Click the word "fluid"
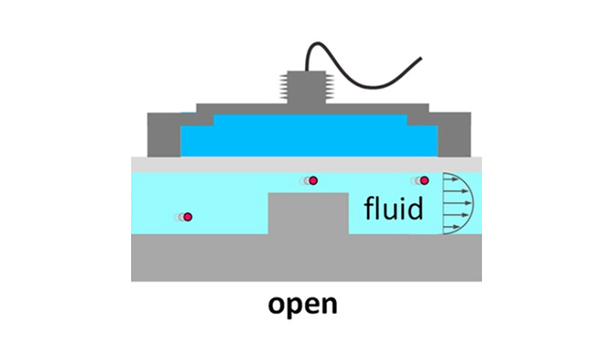pyautogui.click(x=394, y=208)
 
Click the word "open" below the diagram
pyautogui.click(x=303, y=306)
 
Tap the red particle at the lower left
pyautogui.click(x=187, y=218)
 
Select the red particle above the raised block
pyautogui.click(x=313, y=181)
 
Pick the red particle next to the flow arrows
pyautogui.click(x=424, y=181)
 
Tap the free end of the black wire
pyautogui.click(x=420, y=58)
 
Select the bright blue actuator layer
pyautogui.click(x=306, y=138)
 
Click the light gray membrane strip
pyautogui.click(x=306, y=164)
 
